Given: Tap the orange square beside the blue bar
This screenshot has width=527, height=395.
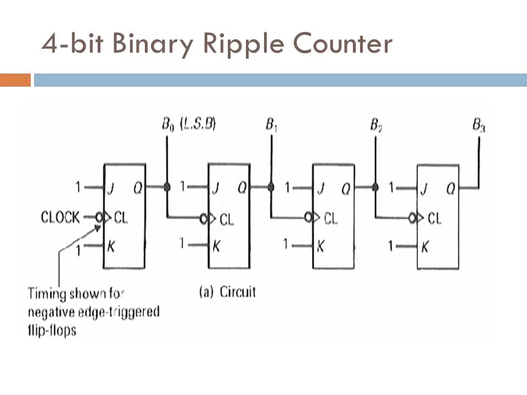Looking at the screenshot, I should click(x=15, y=80).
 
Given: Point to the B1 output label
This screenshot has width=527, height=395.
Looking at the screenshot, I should click(x=271, y=125).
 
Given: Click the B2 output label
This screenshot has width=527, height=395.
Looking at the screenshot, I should click(x=375, y=126).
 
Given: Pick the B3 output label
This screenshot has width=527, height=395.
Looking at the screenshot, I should click(x=479, y=126).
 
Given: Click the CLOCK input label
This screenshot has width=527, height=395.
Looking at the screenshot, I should click(x=60, y=217).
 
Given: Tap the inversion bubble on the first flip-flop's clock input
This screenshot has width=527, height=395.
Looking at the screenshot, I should click(x=99, y=217).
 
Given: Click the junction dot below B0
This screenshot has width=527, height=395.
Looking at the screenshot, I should click(x=166, y=187).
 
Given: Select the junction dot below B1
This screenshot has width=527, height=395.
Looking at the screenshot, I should click(x=271, y=187).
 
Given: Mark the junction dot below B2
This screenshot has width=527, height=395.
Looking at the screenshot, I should click(x=375, y=187).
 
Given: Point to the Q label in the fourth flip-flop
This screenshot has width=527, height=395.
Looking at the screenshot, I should click(x=450, y=189).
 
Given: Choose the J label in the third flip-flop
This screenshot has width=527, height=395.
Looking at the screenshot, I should click(x=320, y=189).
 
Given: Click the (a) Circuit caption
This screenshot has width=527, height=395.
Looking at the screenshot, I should click(x=227, y=291).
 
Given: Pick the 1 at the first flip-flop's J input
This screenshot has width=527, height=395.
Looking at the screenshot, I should click(x=79, y=188).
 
